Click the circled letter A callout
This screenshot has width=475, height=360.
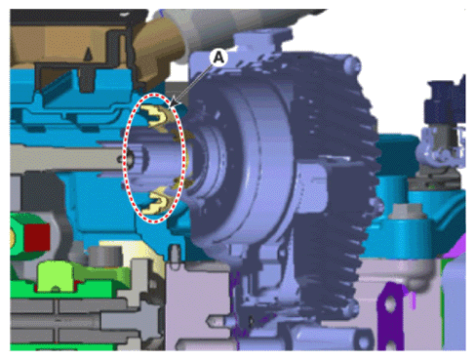coord(218,58)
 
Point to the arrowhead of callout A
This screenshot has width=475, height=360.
coord(174,103)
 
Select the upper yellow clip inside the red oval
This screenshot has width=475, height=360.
coord(155,116)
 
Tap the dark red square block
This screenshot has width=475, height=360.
coord(37,237)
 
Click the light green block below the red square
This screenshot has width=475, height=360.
coord(56,276)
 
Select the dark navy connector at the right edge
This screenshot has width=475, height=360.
coord(446,100)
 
